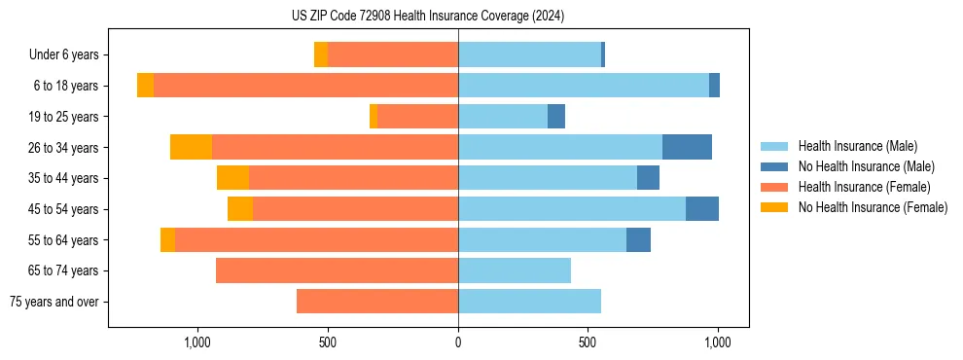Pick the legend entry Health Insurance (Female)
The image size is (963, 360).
click(857, 187)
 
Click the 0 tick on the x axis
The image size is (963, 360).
click(458, 342)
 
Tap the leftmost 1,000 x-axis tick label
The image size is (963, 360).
click(197, 342)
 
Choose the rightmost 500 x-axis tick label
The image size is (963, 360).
click(588, 342)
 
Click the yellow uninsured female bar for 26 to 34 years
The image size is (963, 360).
click(191, 147)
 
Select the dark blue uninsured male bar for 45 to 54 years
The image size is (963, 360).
click(701, 209)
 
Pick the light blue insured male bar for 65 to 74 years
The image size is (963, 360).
click(515, 270)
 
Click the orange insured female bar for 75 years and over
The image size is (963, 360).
click(377, 302)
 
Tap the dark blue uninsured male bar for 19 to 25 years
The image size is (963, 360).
click(556, 117)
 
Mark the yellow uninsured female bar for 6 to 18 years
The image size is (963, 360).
click(145, 86)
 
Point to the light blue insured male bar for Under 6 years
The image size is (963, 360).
click(529, 55)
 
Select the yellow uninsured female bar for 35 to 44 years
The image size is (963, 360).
click(232, 178)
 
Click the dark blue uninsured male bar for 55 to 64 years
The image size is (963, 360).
click(638, 239)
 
